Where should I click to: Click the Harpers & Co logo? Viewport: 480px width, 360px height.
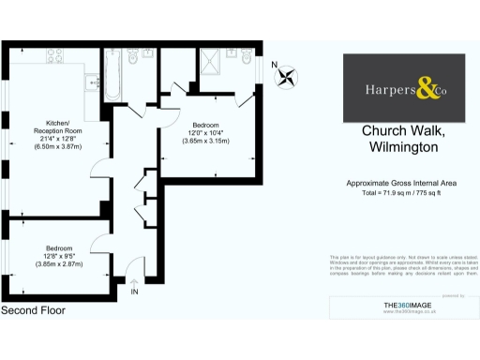pyautogui.click(x=404, y=88)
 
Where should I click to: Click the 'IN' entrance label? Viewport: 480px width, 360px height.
pyautogui.click(x=135, y=292)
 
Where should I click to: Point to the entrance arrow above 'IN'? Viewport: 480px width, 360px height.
pyautogui.click(x=135, y=280)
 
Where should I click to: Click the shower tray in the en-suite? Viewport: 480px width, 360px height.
pyautogui.click(x=209, y=63)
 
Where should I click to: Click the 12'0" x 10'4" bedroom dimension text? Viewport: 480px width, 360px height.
pyautogui.click(x=206, y=133)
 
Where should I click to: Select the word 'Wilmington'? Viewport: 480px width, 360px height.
pyautogui.click(x=404, y=148)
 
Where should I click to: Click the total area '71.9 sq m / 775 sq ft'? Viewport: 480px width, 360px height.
pyautogui.click(x=412, y=192)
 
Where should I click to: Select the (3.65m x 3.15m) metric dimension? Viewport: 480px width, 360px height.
pyautogui.click(x=206, y=142)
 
